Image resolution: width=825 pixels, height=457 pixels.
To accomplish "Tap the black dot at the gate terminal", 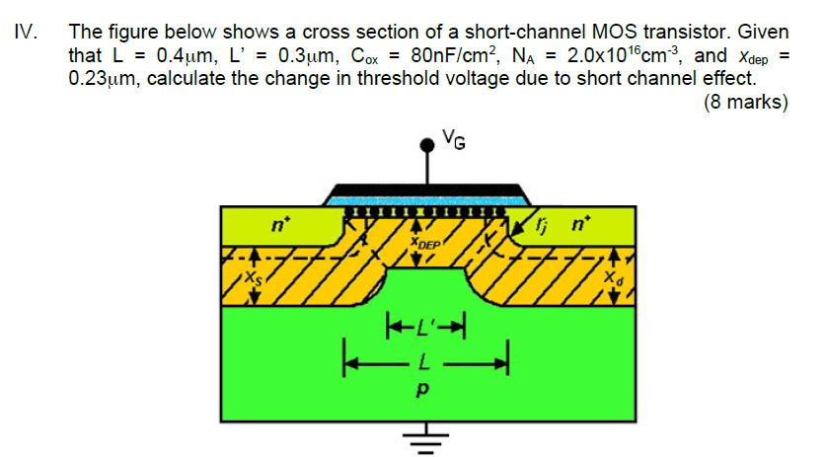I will coord(428,145).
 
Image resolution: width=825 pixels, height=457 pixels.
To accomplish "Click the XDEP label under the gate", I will coord(425,242).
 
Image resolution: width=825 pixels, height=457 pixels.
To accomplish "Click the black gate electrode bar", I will coord(427,190).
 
